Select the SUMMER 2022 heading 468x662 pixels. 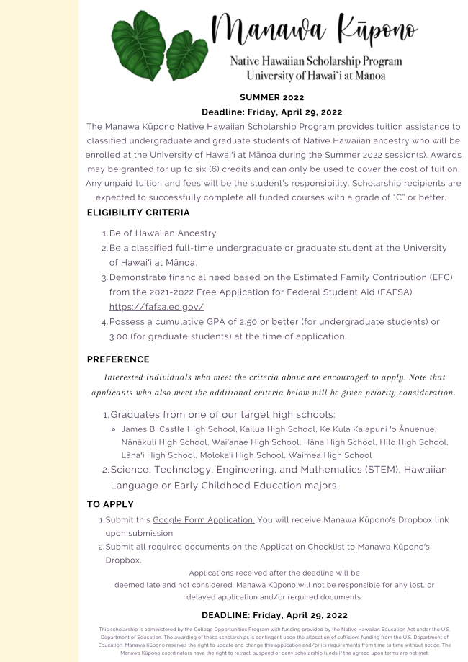click(272, 97)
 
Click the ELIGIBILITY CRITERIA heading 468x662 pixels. click(138, 213)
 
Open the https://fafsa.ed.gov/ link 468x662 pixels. click(151, 307)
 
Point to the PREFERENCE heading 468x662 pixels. click(118, 359)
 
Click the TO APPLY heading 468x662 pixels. click(110, 504)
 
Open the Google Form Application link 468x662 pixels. click(204, 519)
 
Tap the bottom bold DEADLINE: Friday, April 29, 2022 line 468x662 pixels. click(274, 615)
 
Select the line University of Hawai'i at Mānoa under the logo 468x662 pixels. click(315, 76)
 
